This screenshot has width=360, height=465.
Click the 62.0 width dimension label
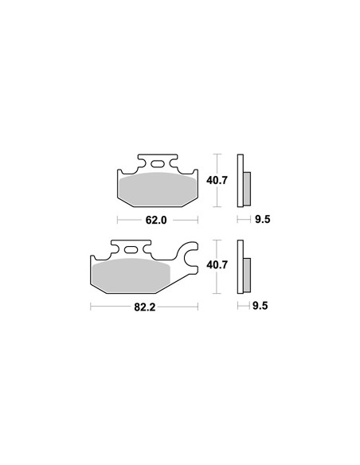click(156, 220)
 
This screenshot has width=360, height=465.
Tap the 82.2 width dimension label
click(145, 307)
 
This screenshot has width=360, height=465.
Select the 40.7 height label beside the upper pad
click(217, 180)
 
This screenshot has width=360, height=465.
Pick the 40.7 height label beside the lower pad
click(217, 264)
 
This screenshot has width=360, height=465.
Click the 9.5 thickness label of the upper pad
click(263, 220)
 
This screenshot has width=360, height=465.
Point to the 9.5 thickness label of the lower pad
click(260, 306)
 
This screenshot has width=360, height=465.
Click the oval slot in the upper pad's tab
click(158, 164)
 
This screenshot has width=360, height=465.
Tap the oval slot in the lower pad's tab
click(131, 250)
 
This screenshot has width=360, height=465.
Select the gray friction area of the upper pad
click(158, 190)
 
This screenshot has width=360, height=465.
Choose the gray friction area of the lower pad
click(131, 275)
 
